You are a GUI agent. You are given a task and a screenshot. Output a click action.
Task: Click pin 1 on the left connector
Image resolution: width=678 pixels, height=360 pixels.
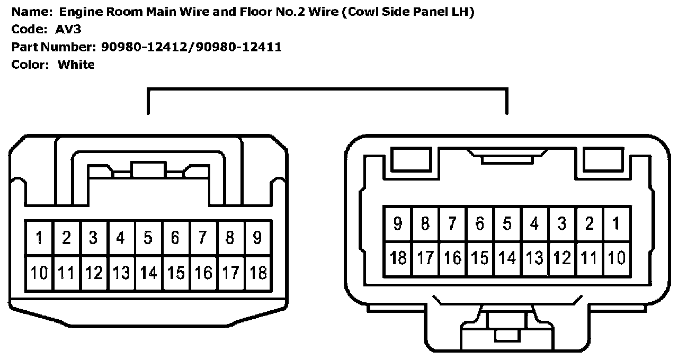39,238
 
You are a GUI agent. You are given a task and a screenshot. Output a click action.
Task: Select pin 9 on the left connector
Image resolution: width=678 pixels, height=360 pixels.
257,238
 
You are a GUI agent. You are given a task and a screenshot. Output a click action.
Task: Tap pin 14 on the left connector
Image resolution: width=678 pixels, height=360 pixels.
148,273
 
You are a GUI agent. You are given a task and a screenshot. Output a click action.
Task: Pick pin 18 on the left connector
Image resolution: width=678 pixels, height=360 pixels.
257,273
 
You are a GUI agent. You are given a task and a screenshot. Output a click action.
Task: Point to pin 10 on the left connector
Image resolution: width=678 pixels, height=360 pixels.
39,273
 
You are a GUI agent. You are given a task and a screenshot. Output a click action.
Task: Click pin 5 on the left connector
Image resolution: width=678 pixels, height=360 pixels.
148,238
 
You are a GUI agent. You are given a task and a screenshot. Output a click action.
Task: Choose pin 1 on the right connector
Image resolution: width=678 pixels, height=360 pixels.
615,224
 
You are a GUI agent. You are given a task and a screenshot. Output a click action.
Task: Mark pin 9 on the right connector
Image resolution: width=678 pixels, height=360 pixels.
398,224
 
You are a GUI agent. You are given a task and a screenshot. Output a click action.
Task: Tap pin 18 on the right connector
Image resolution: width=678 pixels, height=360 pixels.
398,258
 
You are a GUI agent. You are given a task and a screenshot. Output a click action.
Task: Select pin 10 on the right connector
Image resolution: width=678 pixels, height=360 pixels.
615,258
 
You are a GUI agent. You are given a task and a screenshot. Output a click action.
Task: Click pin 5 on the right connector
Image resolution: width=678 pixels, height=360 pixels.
507,224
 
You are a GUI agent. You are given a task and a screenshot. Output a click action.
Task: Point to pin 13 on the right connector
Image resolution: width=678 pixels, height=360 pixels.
534,258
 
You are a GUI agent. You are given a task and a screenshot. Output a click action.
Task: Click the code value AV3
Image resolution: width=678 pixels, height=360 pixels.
68,29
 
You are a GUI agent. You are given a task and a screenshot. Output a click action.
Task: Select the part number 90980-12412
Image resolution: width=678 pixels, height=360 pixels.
146,47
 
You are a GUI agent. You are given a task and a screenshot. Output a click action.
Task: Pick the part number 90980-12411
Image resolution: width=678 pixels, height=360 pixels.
239,47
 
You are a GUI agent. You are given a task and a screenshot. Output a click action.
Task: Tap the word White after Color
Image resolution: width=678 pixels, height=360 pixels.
76,65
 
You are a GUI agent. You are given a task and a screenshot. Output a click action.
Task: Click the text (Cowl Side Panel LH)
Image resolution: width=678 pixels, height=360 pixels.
408,11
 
